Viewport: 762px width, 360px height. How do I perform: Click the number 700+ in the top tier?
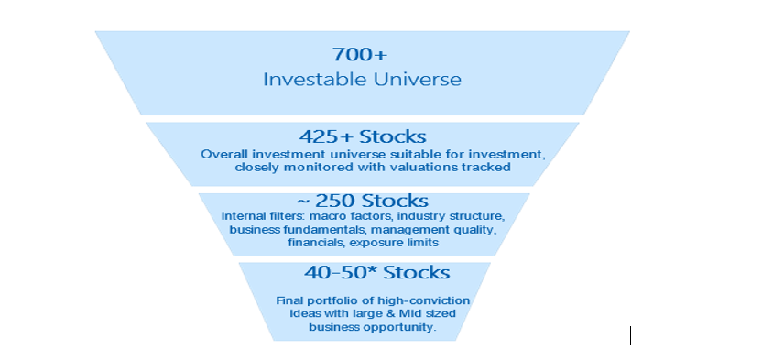[x=360, y=54]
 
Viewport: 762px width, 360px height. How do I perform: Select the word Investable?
[x=315, y=79]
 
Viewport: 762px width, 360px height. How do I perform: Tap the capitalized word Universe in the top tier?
[x=417, y=79]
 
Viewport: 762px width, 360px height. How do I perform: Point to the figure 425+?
[x=326, y=136]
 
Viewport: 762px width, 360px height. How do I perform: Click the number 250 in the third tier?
[x=336, y=201]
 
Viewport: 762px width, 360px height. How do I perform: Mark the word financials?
[x=316, y=242]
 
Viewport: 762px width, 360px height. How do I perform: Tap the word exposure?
[x=370, y=242]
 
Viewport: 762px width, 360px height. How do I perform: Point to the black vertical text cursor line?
[x=630, y=335]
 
